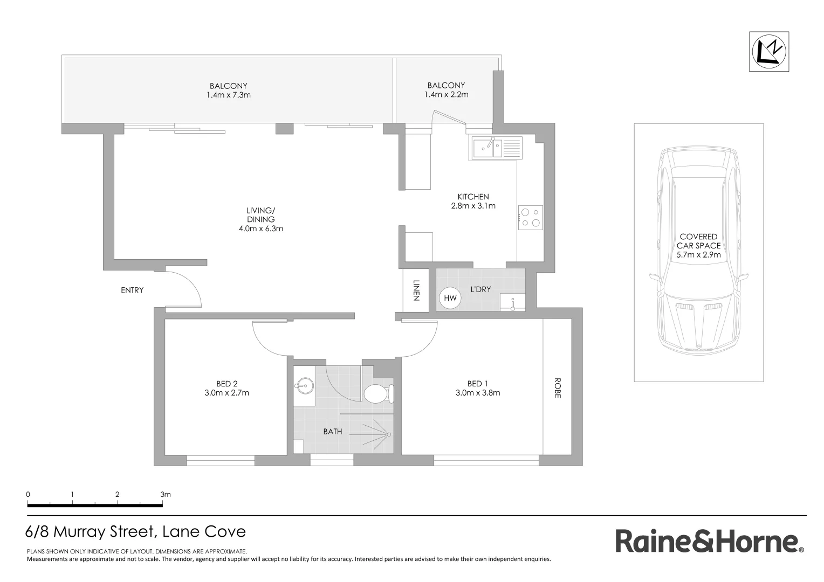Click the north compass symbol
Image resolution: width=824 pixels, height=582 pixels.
pos(769,51)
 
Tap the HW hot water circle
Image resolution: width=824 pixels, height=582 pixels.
pos(450,298)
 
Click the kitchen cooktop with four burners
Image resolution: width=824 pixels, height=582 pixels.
pos(530,218)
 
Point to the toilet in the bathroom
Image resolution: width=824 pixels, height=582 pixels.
pos(376,393)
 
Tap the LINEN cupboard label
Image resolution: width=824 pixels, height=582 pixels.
pos(416,290)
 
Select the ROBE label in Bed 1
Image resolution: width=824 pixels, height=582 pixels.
pos(557,387)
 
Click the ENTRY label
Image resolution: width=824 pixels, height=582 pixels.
pos(132,290)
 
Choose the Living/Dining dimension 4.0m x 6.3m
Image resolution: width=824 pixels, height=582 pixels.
pos(261,228)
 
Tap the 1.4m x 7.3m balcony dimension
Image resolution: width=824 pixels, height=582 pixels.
pos(228,95)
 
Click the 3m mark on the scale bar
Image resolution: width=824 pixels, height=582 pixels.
pos(165,494)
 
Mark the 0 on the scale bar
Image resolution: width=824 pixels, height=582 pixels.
pos(28,494)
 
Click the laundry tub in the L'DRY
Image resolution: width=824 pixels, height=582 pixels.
pos(513,302)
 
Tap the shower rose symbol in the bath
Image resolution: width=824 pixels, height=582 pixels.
pos(387,434)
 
